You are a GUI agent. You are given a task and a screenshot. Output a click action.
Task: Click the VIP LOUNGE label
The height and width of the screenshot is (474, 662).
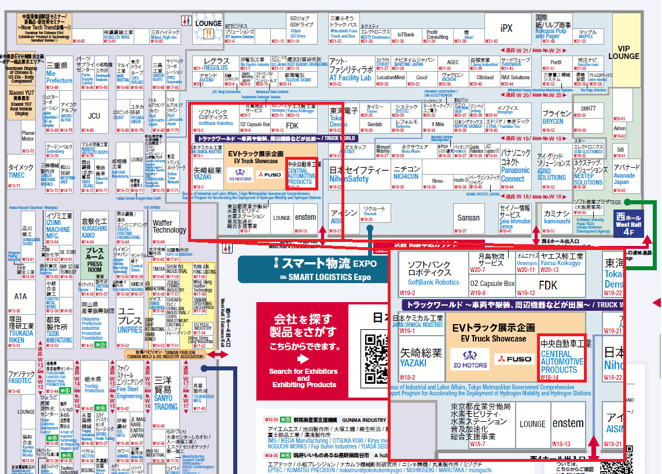click(628, 52)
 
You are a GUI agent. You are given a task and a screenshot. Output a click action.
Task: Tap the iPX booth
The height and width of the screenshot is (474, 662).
click(506, 29)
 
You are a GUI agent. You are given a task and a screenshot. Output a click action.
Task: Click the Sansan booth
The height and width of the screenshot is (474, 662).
click(468, 218)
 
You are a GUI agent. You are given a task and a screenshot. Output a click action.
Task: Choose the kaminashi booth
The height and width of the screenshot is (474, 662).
click(557, 218)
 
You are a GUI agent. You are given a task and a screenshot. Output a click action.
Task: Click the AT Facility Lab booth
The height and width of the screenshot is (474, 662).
click(350, 70)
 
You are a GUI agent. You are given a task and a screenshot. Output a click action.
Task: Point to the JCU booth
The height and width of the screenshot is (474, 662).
click(94, 116)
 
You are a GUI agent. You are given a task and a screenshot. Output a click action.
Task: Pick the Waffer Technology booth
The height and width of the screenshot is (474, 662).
click(169, 226)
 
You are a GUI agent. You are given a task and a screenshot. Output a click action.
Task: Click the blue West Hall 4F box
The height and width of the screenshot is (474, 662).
click(628, 223)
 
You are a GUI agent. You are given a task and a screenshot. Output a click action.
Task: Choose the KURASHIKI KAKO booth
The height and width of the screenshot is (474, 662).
click(94, 229)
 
